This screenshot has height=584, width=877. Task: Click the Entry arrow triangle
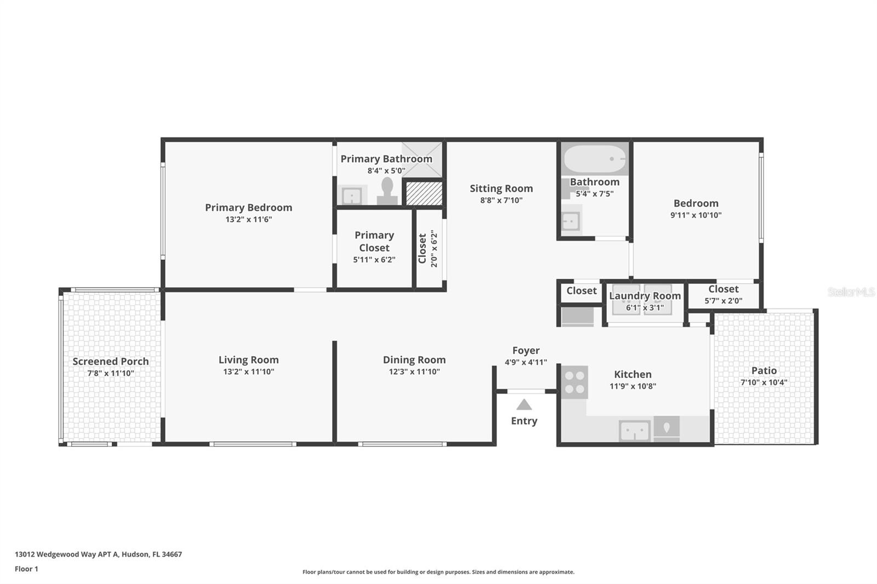[x=524, y=404]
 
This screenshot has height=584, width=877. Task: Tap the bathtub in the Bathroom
[x=594, y=159]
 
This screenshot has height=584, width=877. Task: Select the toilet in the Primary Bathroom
[x=387, y=191]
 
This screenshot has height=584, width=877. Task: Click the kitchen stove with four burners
[x=574, y=382]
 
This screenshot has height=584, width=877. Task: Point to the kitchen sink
[x=635, y=431]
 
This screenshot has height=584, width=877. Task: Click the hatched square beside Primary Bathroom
[x=424, y=193]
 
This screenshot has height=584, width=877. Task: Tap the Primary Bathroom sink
[x=351, y=196]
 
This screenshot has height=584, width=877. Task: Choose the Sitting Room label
[x=501, y=188]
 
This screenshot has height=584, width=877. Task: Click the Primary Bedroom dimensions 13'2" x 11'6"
[x=249, y=219]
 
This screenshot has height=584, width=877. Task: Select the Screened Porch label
[x=111, y=361]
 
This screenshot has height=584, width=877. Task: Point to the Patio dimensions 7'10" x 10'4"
[x=764, y=382]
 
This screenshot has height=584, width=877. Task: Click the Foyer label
[x=526, y=350]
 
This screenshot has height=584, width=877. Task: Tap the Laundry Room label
[x=645, y=296]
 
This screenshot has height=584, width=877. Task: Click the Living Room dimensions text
[x=249, y=371]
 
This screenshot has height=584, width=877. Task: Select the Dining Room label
[x=414, y=360]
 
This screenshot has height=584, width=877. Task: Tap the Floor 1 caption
[x=26, y=569]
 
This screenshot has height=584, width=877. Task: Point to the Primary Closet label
[x=374, y=242]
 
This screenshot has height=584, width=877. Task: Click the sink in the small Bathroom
[x=571, y=221]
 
